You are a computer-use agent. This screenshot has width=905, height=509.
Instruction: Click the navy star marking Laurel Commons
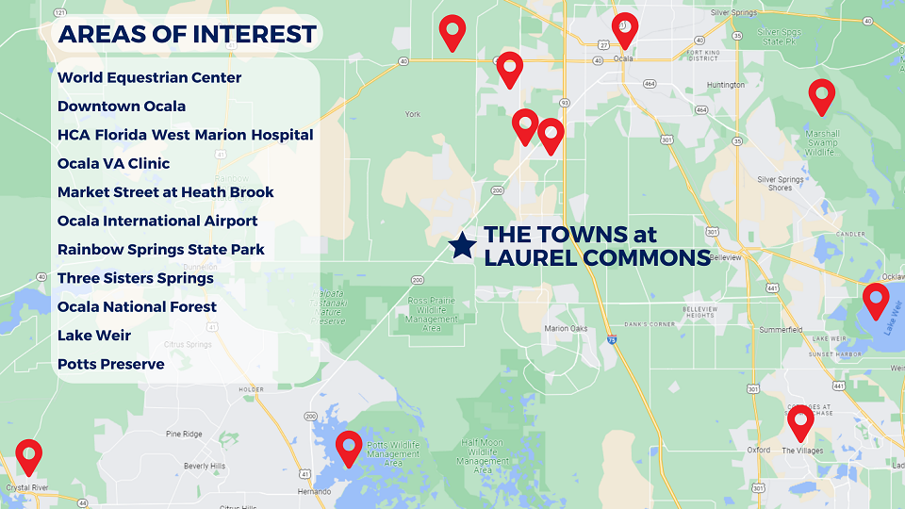(462, 245)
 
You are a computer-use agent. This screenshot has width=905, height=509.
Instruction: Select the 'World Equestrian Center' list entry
(149, 77)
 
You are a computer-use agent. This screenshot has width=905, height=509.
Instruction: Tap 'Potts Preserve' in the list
(110, 364)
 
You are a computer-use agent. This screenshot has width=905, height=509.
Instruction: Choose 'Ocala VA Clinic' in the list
(113, 163)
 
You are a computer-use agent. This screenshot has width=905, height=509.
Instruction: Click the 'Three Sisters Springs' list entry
(135, 278)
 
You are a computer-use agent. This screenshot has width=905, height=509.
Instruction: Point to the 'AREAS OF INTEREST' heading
(187, 35)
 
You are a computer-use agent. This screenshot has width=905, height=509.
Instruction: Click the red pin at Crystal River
(29, 456)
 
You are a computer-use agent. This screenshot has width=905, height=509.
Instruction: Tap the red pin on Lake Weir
(876, 301)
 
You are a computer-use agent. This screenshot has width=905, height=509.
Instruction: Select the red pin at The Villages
(801, 422)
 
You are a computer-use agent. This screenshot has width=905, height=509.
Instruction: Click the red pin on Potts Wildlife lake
(350, 448)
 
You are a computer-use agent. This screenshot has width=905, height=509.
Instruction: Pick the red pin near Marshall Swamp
(822, 95)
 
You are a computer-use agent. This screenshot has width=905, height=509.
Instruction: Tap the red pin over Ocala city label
(624, 29)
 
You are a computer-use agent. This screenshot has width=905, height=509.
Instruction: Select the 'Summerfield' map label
(781, 330)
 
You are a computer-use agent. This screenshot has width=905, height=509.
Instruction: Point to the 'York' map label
(412, 114)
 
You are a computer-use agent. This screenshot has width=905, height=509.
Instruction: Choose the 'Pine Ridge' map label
(184, 434)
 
